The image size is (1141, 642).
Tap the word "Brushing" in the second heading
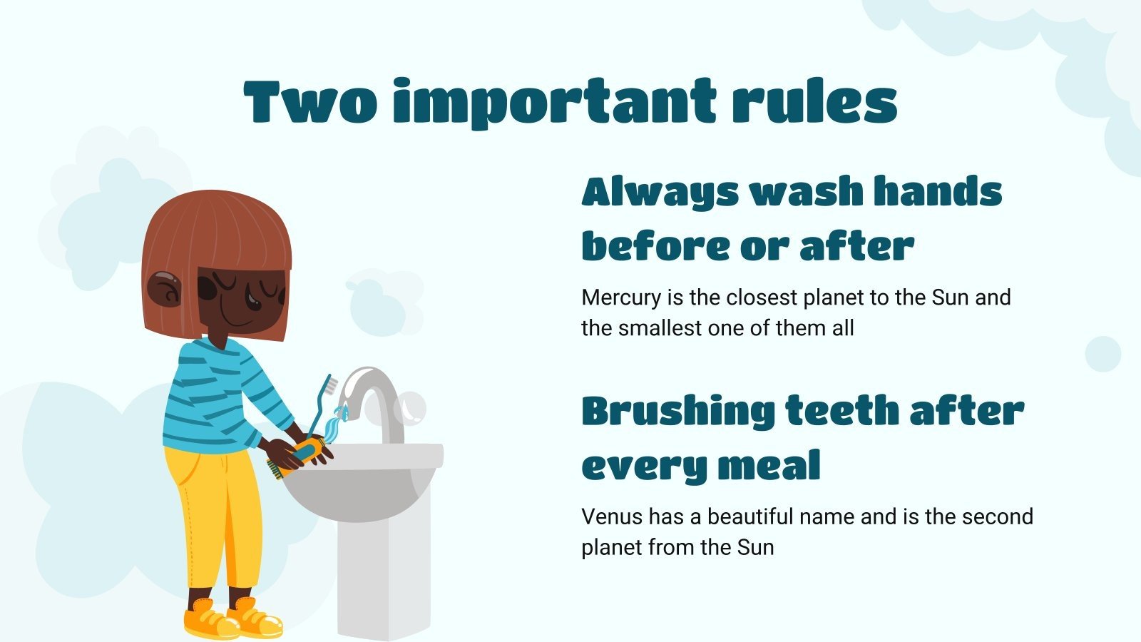pyautogui.click(x=677, y=413)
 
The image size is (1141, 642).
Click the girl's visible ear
pyautogui.click(x=165, y=289)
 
